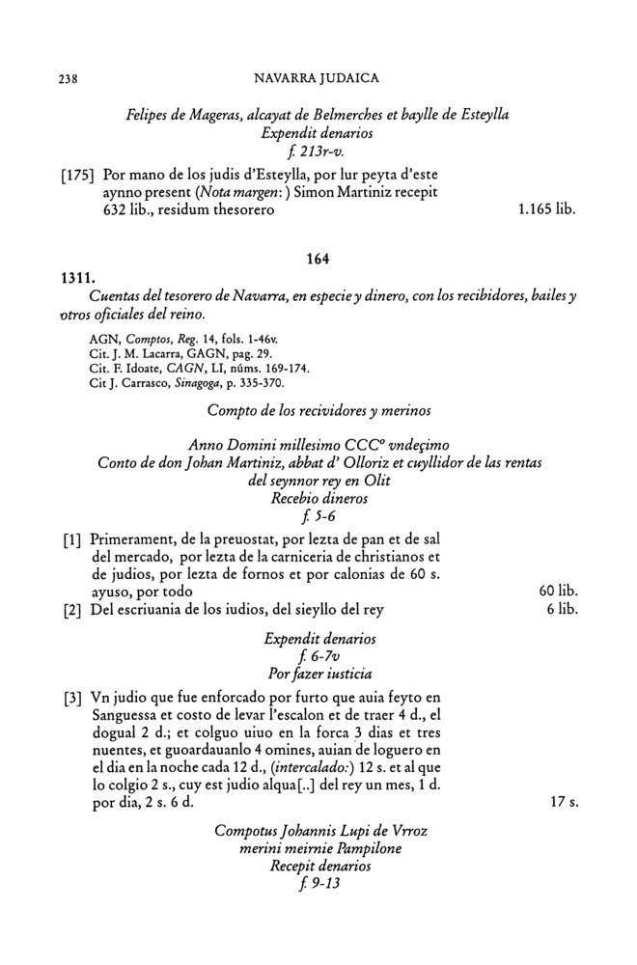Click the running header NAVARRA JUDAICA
(317, 76)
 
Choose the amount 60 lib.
(558, 591)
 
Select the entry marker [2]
(69, 609)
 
